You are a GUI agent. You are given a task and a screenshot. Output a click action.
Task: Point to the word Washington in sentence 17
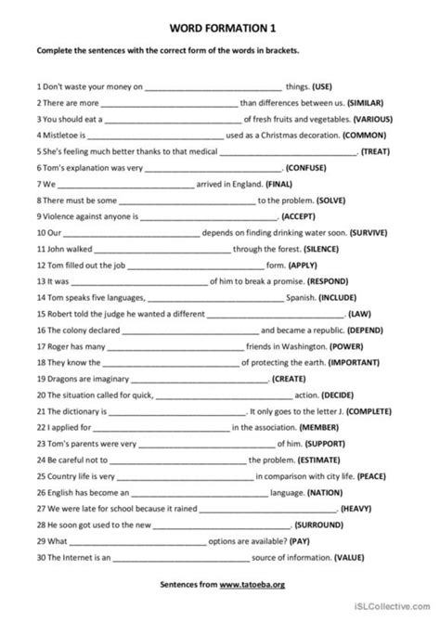coord(286,346)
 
